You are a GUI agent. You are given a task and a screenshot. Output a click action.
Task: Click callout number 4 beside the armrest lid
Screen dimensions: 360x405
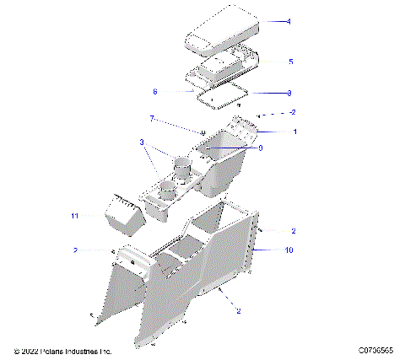(289, 21)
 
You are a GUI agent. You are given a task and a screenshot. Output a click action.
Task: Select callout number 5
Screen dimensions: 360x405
(290, 62)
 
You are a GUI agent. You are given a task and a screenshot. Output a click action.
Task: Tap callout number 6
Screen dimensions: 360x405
(155, 92)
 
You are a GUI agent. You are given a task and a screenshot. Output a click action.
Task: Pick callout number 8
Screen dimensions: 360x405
(289, 92)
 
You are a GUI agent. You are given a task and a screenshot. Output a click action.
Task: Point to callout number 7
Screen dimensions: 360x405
(152, 118)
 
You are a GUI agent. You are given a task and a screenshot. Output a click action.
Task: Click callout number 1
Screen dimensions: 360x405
(294, 132)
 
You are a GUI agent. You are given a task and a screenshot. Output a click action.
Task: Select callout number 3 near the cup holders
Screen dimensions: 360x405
(143, 142)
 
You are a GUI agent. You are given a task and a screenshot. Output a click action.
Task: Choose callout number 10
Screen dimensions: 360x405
(289, 250)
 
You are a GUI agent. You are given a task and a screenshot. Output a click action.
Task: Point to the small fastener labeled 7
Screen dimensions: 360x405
(202, 132)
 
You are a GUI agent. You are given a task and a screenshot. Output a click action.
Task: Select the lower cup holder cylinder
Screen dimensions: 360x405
(168, 189)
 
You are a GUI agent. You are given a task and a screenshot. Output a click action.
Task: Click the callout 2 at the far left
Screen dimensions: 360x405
(75, 250)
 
